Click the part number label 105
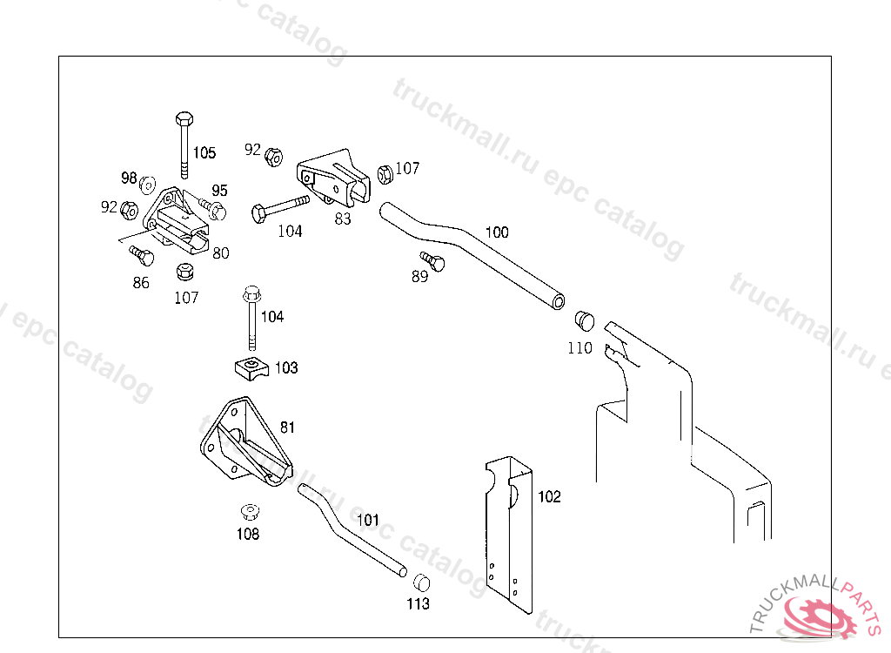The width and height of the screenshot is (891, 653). (x=204, y=154)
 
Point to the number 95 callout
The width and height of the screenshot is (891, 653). (x=219, y=191)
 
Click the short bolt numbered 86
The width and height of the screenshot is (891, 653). (x=140, y=256)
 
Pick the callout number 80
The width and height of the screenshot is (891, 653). (x=221, y=253)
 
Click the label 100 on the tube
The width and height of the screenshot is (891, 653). (x=497, y=232)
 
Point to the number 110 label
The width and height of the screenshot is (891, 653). (x=579, y=348)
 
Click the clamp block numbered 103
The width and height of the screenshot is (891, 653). (x=251, y=367)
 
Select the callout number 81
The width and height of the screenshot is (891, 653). (x=287, y=427)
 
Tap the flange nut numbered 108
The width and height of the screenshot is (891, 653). (x=249, y=511)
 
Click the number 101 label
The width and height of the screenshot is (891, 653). (x=368, y=521)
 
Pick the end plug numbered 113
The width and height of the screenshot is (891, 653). (x=420, y=582)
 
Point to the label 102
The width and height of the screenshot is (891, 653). (x=549, y=497)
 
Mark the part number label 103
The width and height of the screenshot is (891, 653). (x=286, y=368)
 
